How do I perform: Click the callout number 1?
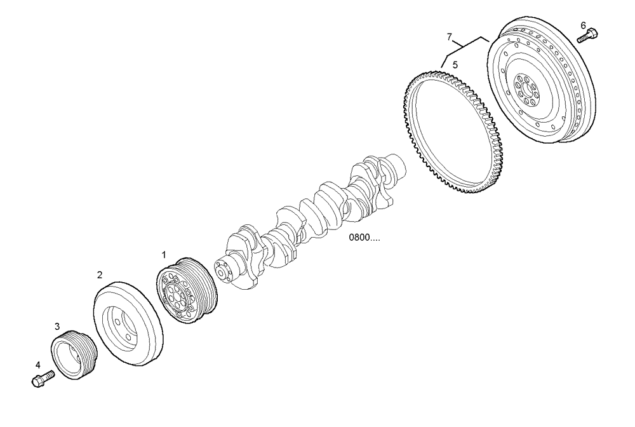click(163, 254)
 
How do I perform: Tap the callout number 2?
click(100, 275)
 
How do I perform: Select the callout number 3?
click(57, 326)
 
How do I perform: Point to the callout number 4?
click(37, 365)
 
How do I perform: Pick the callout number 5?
click(455, 64)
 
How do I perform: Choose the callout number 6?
click(583, 25)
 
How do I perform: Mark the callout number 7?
click(449, 36)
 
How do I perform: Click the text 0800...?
click(364, 239)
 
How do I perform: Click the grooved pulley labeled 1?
click(187, 292)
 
